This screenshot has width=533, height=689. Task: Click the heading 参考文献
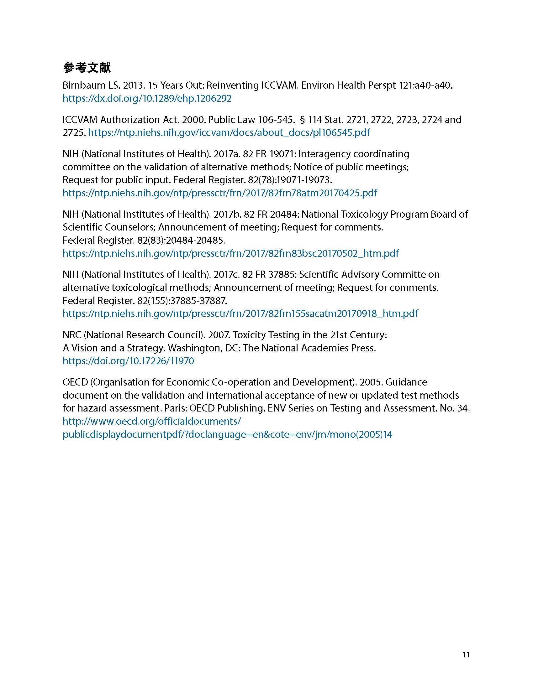pos(87,68)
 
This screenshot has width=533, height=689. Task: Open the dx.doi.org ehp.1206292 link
pos(147,98)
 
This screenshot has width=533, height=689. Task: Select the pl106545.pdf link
pos(229,132)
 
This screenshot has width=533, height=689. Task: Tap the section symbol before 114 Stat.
pos(302,120)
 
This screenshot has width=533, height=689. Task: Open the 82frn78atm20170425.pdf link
pos(220,193)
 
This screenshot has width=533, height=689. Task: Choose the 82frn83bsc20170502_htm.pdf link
pos(230,253)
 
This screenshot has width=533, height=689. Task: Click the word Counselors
pos(129,227)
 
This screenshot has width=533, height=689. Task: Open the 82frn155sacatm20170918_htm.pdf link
pos(240,313)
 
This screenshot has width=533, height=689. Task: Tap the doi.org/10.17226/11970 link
pos(128,361)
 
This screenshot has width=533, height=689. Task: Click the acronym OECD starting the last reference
pos(75,382)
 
